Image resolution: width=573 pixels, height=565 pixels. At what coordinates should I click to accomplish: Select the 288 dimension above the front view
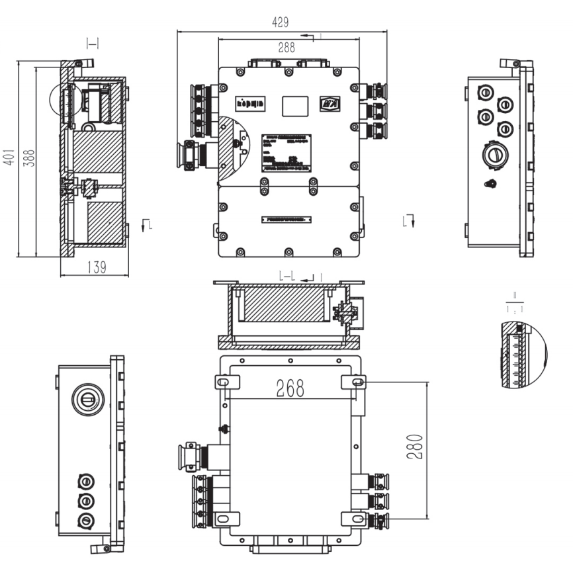(x=286, y=47)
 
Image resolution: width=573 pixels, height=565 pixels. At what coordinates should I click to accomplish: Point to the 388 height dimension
(x=29, y=157)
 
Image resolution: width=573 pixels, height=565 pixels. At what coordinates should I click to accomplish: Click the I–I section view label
(x=92, y=44)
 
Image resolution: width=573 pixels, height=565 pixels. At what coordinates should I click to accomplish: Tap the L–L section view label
(x=288, y=275)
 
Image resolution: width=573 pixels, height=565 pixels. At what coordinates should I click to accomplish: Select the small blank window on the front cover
(x=294, y=105)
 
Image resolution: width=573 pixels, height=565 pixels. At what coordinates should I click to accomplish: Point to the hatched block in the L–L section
(x=283, y=302)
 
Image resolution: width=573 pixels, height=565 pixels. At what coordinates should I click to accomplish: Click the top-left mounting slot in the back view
(x=224, y=382)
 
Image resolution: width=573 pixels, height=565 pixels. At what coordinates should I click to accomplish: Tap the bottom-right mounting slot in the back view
(x=357, y=518)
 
